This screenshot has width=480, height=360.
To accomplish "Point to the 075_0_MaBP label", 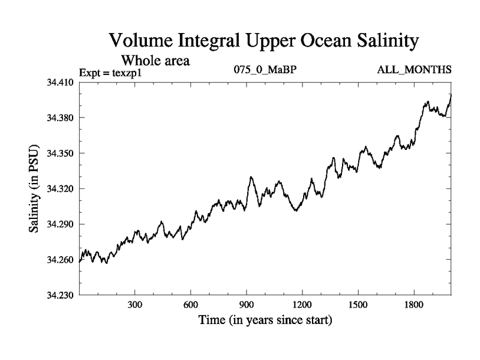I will (x=265, y=70).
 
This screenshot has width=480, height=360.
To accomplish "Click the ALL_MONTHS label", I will (x=414, y=70).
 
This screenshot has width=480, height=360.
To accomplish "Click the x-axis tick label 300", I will (x=135, y=305).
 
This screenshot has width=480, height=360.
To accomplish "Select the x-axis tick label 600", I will (x=191, y=305).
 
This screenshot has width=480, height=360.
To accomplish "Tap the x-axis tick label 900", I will (x=247, y=305).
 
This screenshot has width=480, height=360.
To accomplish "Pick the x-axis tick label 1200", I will (x=302, y=305).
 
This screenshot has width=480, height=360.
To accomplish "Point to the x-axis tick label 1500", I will (x=358, y=305).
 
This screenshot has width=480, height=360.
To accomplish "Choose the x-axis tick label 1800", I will (x=414, y=305).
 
